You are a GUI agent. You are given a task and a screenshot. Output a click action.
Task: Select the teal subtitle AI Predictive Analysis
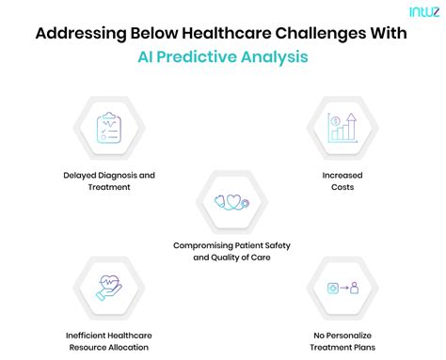222,56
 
